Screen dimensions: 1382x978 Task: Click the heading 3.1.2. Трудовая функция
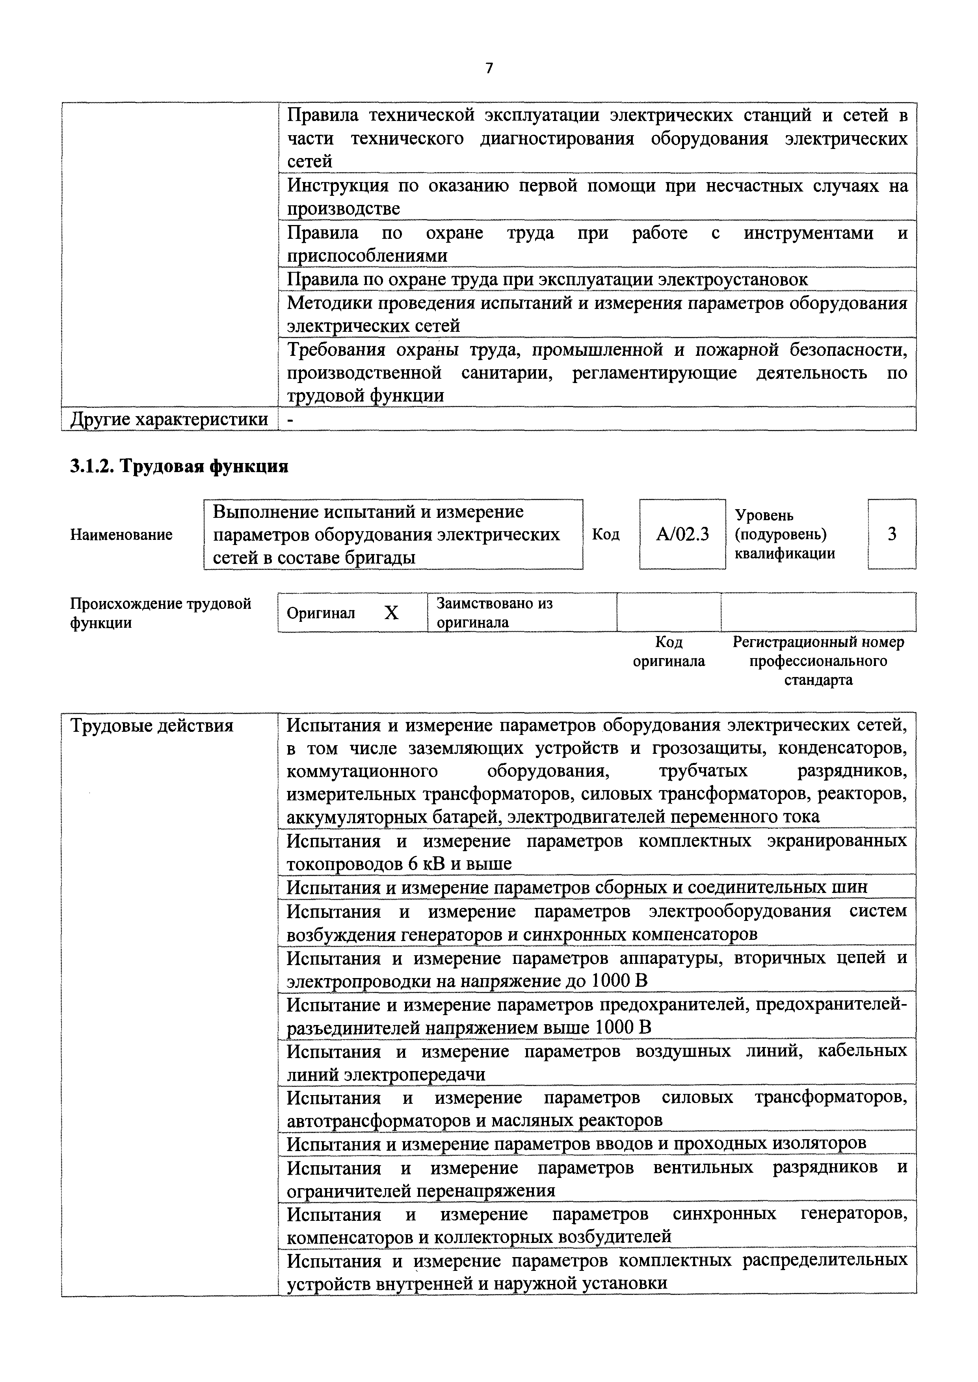(x=179, y=466)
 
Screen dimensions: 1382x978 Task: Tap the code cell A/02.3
(x=682, y=534)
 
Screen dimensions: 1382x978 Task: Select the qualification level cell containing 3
(x=891, y=534)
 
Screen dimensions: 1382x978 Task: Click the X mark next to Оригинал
(x=391, y=613)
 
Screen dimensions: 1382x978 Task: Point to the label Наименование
(x=121, y=535)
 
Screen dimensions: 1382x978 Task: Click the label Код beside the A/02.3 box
(x=605, y=535)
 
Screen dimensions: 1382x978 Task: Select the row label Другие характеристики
(x=169, y=419)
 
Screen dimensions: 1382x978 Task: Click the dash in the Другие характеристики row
(x=291, y=419)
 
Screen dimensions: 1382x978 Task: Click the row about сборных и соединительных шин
(x=577, y=887)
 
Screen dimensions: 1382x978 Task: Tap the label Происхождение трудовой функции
(x=160, y=613)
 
